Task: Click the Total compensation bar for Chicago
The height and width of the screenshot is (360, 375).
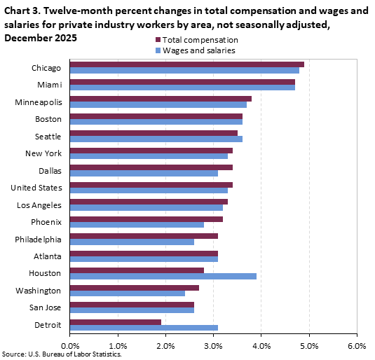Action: coord(186,64)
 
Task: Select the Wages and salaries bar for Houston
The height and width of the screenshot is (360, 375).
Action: coord(163,276)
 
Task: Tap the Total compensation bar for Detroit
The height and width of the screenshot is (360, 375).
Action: coord(115,321)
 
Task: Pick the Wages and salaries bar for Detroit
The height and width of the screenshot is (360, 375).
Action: coord(144,328)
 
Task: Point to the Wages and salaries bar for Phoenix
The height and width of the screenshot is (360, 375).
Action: coord(137,225)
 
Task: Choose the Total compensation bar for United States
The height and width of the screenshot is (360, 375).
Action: coord(151,184)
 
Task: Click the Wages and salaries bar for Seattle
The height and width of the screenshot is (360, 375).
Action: coord(156,139)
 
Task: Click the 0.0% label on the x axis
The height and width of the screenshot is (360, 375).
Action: coord(70,345)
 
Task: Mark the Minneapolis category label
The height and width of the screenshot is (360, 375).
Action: coord(39,102)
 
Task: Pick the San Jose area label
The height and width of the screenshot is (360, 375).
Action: coord(46,307)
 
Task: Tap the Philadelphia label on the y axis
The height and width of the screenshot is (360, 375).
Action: coord(38,239)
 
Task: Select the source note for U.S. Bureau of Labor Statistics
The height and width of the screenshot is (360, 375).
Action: coord(56,355)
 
